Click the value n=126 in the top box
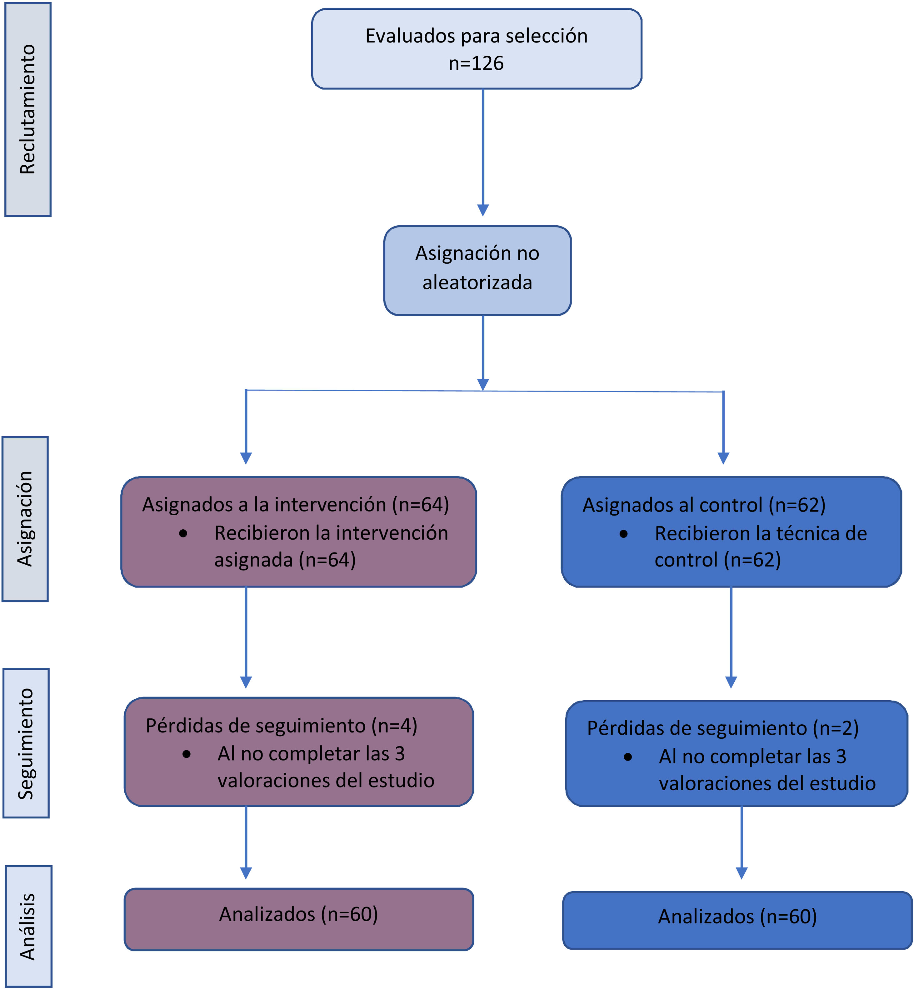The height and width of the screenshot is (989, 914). click(476, 63)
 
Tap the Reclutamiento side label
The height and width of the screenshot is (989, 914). click(28, 109)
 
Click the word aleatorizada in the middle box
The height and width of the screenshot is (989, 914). click(477, 283)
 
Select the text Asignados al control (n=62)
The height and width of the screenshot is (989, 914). click(704, 505)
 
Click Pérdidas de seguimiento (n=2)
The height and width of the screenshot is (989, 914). click(722, 728)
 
